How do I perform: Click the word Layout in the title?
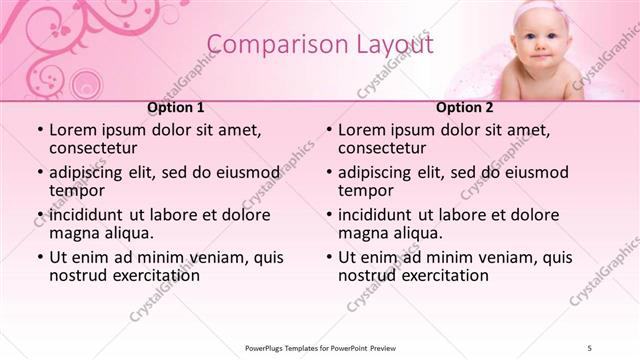(x=390, y=45)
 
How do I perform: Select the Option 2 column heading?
(x=465, y=107)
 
